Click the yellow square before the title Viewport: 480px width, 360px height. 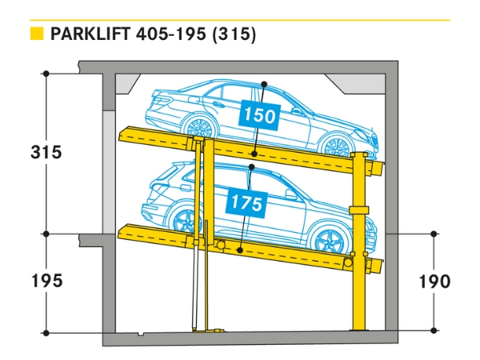point(35,34)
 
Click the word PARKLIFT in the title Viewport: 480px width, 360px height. point(91,35)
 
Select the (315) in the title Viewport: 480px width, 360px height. point(234,35)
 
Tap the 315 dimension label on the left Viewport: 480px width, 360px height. point(46,152)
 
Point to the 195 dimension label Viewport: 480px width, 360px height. point(46,281)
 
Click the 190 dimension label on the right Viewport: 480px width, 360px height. point(434,281)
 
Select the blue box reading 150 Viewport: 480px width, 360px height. point(258,116)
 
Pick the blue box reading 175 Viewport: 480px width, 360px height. point(246,203)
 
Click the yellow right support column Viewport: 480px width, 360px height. point(359,240)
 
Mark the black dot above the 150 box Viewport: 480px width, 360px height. point(263,83)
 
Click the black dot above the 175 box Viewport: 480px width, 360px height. point(251,167)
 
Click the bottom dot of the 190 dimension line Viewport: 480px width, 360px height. point(434,330)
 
